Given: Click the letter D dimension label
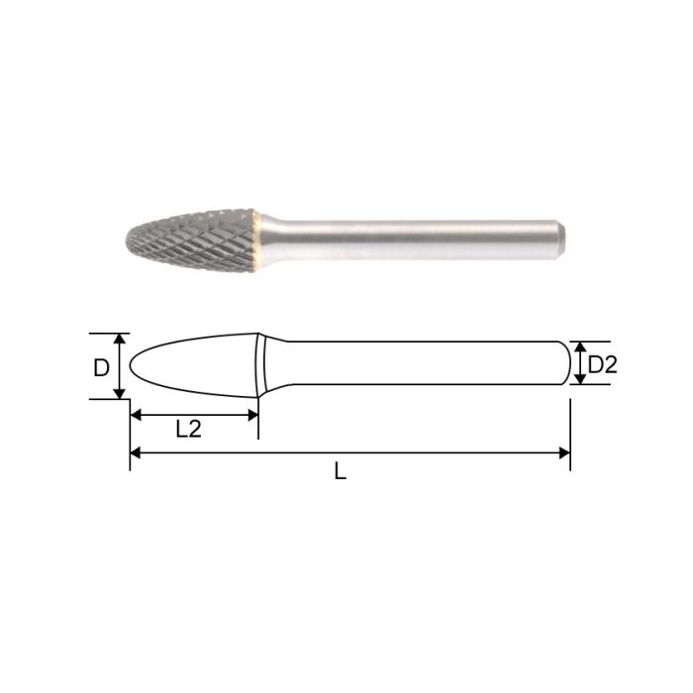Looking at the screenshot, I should (101, 367).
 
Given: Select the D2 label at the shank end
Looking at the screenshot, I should (602, 365).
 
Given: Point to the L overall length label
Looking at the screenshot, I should (340, 472).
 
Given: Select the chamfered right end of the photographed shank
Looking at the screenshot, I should (563, 241).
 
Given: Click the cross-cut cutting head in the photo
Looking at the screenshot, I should (193, 240).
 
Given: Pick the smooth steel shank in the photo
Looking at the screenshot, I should (416, 241).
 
